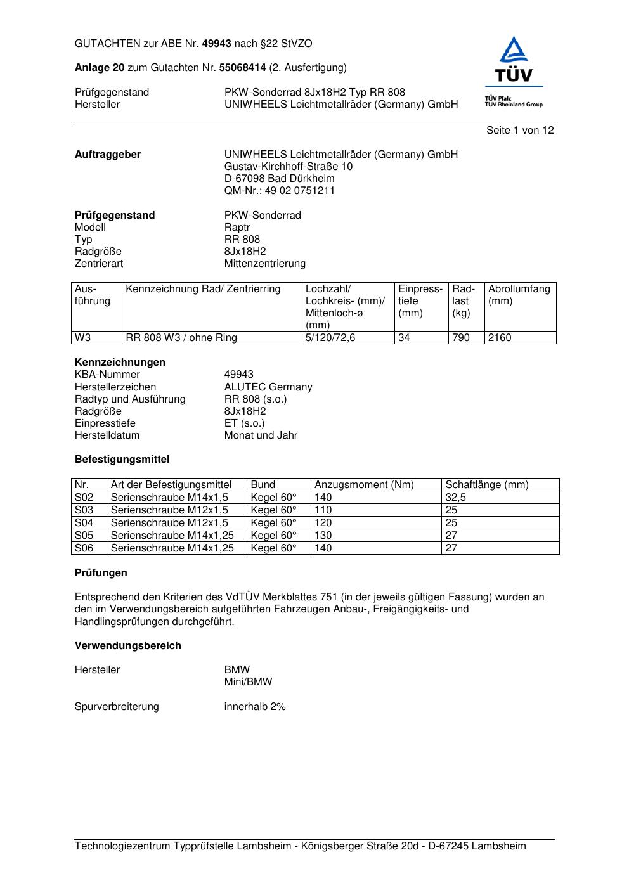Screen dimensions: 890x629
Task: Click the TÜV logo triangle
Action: coord(514,51)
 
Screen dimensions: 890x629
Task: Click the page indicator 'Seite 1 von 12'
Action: coord(520,131)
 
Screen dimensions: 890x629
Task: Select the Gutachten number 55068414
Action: coord(242,68)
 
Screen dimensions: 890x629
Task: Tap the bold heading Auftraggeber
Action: coord(108,155)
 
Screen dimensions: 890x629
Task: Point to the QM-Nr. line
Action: coord(280,191)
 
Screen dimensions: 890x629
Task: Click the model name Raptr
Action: coord(237,228)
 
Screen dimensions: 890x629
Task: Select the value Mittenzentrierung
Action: coord(264,264)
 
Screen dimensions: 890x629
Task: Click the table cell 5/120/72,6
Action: coord(330,338)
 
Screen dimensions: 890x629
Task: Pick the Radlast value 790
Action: coord(461,338)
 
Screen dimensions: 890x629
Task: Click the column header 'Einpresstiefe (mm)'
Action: coord(420,301)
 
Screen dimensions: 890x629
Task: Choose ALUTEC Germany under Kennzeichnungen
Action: coord(268,387)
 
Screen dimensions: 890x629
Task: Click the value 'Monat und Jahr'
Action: coord(261,435)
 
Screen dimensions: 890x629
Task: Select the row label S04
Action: coord(84,523)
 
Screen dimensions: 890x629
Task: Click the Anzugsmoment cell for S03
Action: coord(323,510)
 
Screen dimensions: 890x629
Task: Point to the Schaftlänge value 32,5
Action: coord(455,498)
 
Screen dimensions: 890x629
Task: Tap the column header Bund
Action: coord(263,485)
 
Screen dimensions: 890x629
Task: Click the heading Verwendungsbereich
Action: coord(128,646)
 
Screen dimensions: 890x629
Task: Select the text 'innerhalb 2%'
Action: coord(255,707)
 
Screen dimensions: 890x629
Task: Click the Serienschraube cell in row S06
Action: coord(172,548)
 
